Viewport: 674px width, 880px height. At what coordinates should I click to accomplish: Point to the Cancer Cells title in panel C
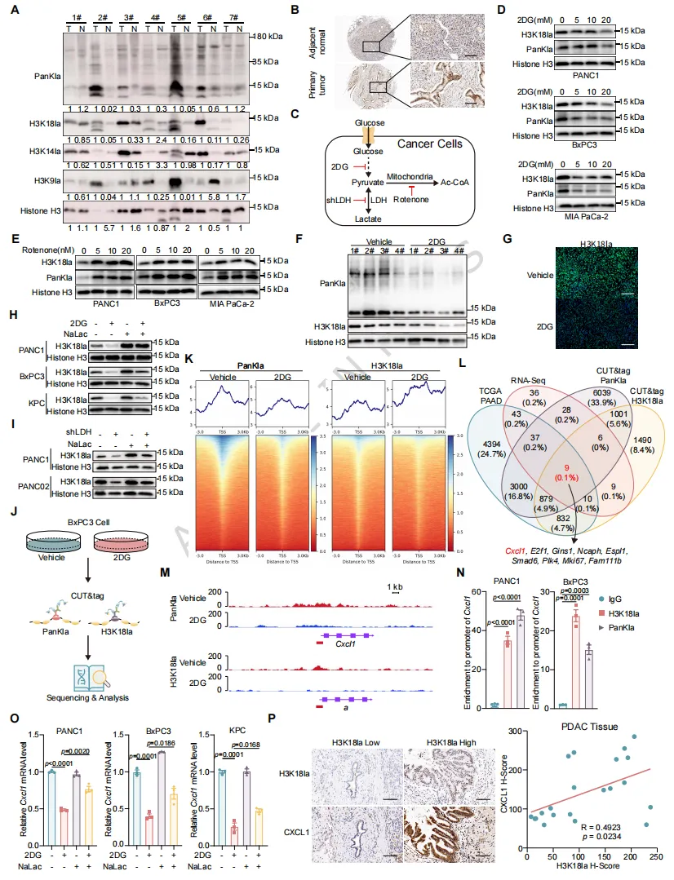coord(429,144)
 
